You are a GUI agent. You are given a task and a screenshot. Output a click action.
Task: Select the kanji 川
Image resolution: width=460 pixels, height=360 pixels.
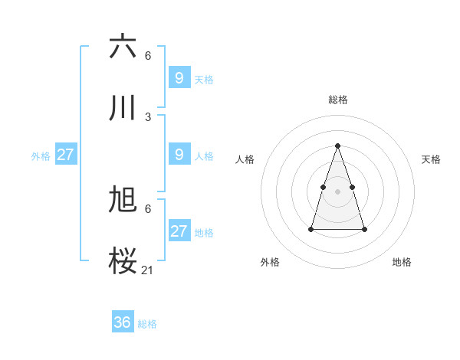click(123, 108)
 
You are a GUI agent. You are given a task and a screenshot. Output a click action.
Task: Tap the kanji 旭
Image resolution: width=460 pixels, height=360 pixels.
click(123, 199)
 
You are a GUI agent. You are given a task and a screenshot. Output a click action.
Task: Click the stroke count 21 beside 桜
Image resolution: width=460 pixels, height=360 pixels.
click(148, 270)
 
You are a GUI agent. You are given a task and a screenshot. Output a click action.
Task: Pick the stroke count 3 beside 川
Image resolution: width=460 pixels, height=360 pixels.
click(148, 117)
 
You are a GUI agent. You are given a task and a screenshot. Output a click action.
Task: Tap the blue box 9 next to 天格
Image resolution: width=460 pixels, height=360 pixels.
click(179, 77)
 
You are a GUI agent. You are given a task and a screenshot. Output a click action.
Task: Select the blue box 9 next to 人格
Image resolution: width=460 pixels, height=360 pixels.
click(179, 154)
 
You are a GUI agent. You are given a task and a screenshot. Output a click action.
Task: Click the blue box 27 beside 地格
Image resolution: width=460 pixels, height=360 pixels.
click(179, 231)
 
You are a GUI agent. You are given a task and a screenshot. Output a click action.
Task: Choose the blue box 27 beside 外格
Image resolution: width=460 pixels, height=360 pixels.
click(65, 154)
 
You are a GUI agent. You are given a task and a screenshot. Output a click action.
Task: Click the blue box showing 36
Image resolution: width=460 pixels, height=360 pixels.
click(123, 322)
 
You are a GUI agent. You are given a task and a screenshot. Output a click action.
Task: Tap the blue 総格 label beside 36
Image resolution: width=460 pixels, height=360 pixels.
click(147, 324)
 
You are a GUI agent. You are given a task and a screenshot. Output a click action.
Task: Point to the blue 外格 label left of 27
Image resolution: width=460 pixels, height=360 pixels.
click(41, 156)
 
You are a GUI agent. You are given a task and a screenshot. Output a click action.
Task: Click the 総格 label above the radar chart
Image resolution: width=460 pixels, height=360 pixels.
click(338, 100)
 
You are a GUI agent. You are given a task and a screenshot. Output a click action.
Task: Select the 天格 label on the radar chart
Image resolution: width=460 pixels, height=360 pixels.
click(431, 159)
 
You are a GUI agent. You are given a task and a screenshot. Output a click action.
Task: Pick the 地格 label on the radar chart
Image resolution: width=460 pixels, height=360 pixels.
click(402, 262)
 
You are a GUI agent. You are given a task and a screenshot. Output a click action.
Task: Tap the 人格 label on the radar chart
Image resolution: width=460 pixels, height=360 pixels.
click(245, 159)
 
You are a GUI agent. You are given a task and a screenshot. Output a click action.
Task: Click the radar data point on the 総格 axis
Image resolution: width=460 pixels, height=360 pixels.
click(338, 146)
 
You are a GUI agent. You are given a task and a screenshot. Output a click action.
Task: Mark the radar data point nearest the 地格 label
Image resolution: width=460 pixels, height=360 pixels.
click(364, 229)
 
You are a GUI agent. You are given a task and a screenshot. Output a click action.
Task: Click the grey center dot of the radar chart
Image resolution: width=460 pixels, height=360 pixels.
click(338, 191)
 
